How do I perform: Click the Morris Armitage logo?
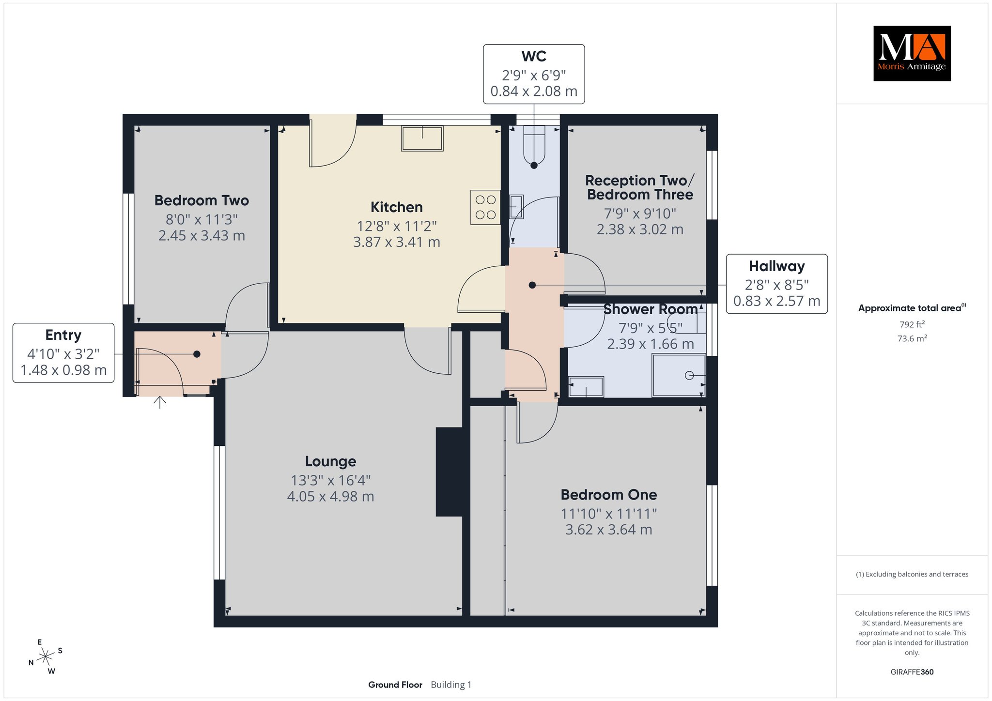pyautogui.click(x=912, y=53)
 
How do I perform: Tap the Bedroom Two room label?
pyautogui.click(x=201, y=200)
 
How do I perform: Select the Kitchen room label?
pyautogui.click(x=397, y=207)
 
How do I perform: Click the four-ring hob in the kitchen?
pyautogui.click(x=485, y=207)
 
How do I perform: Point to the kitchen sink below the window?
pyautogui.click(x=422, y=138)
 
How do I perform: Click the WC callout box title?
pyautogui.click(x=534, y=56)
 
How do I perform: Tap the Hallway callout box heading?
pyautogui.click(x=777, y=266)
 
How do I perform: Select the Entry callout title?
pyautogui.click(x=63, y=335)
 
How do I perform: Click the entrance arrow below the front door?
pyautogui.click(x=160, y=402)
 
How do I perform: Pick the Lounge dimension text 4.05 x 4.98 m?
pyautogui.click(x=331, y=497)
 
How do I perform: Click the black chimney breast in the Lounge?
pyautogui.click(x=449, y=472)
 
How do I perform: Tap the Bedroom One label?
pyautogui.click(x=609, y=495)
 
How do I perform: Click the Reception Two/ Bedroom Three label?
pyautogui.click(x=640, y=187)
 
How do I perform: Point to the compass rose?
pyautogui.click(x=46, y=656)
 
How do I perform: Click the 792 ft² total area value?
pyautogui.click(x=912, y=324)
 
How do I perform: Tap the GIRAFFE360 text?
pyautogui.click(x=912, y=672)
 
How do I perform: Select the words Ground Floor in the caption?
pyautogui.click(x=395, y=685)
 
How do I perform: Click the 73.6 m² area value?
pyautogui.click(x=912, y=338)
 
